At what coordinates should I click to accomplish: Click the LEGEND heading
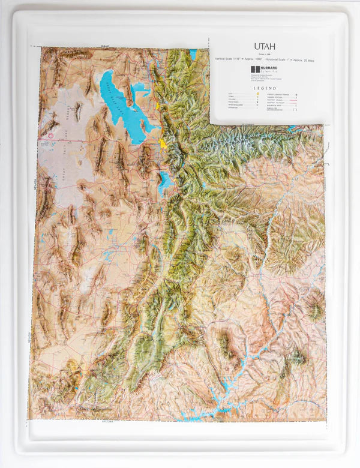point(264,88)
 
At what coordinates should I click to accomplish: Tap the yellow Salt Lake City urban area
point(163,143)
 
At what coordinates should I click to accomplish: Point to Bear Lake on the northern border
point(193,54)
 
